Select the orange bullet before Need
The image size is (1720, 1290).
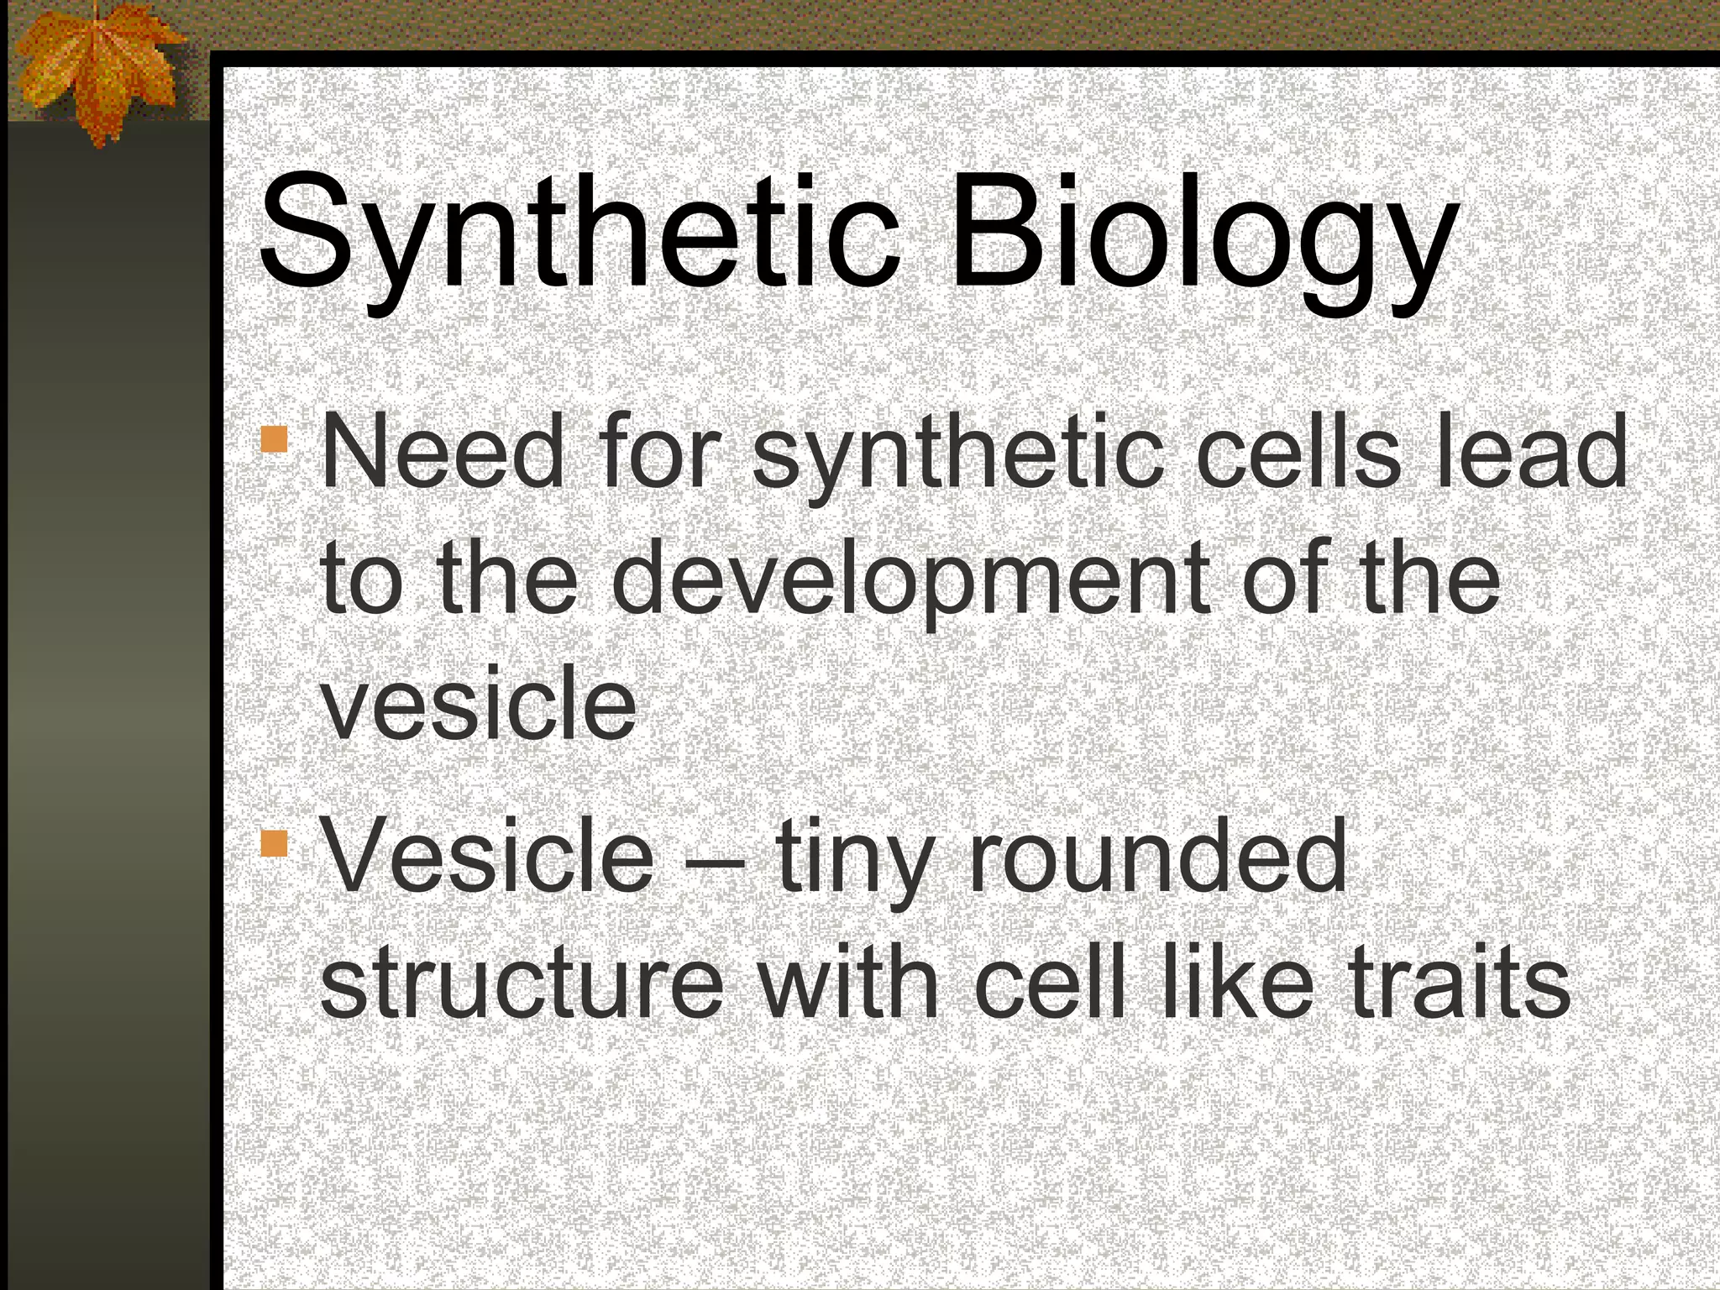point(275,439)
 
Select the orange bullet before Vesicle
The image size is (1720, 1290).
point(275,842)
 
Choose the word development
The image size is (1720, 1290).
point(915,579)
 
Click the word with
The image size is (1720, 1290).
point(848,978)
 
